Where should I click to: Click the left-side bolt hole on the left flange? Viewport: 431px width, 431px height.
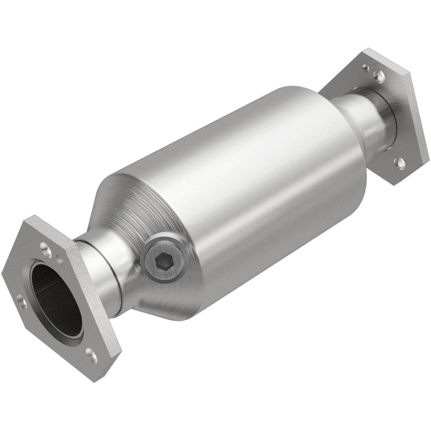[20, 301]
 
